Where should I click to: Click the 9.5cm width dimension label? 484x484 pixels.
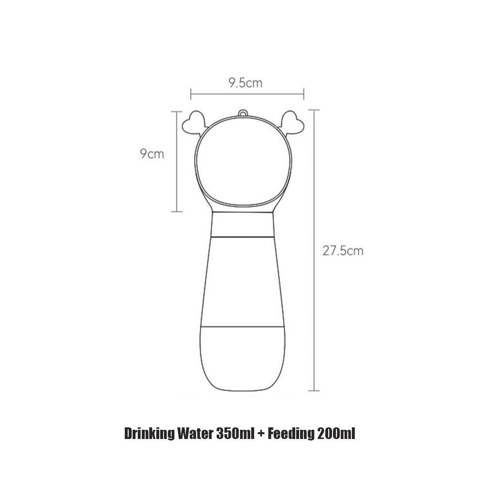pos(245,83)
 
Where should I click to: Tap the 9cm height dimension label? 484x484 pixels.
pos(152,154)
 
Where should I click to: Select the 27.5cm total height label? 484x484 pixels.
pos(343,251)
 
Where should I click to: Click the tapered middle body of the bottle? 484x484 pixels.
pos(242,281)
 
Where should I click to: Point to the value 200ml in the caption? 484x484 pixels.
pos(336,433)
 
